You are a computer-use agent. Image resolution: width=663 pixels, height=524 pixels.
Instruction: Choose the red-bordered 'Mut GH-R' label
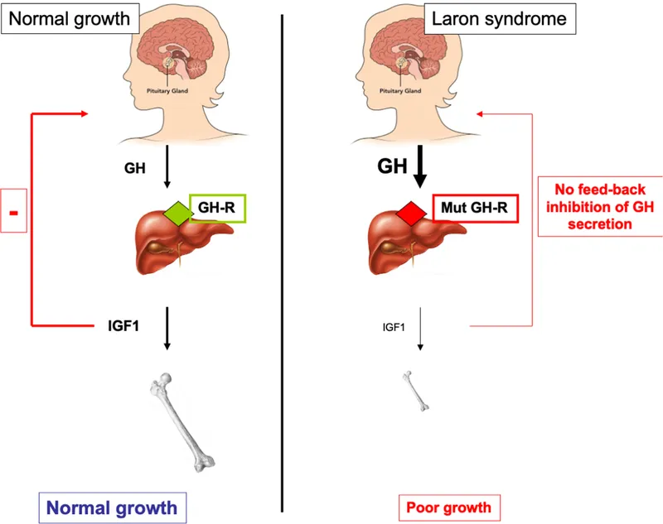click(476, 209)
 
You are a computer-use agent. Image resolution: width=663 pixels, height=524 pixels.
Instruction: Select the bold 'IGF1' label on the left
click(118, 325)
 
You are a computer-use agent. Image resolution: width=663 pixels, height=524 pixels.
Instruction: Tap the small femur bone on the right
click(418, 391)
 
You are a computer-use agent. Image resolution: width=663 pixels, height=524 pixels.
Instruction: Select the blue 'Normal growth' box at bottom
click(112, 507)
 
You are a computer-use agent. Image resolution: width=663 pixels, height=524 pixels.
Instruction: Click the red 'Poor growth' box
click(448, 507)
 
